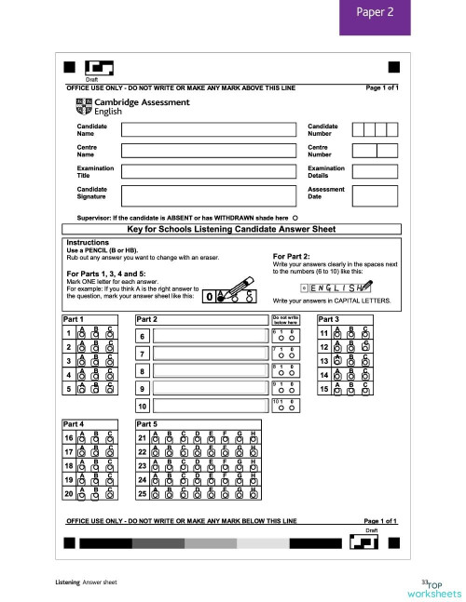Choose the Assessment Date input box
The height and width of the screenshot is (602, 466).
point(374,194)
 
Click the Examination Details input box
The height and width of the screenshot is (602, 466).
point(374,172)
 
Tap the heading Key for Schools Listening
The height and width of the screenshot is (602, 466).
point(232,229)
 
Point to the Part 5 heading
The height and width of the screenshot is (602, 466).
point(149,423)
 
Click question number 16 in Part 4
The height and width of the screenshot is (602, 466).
point(69,437)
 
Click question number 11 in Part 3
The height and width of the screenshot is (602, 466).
point(323,334)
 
